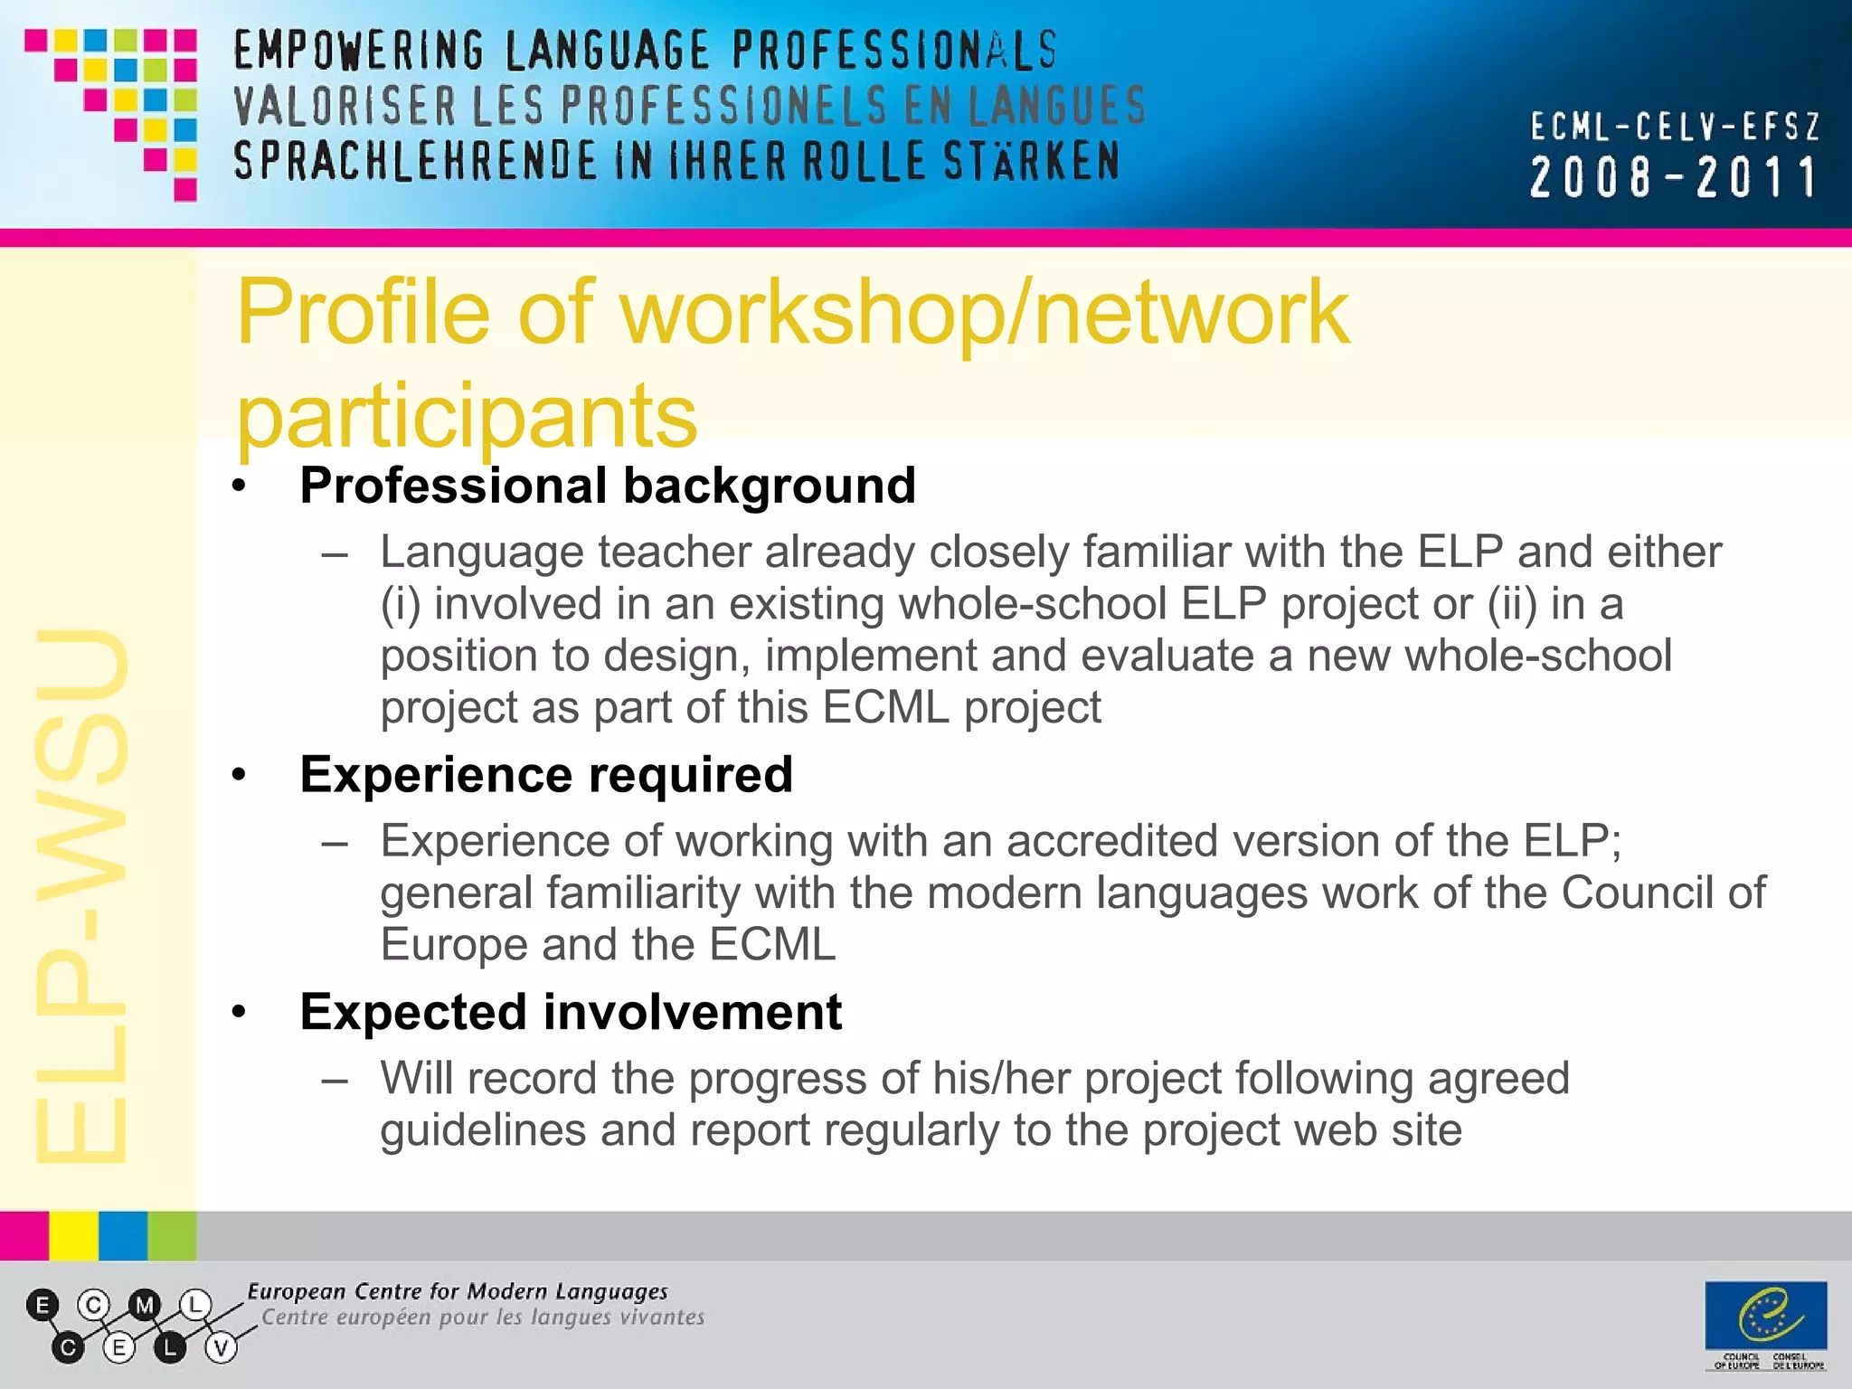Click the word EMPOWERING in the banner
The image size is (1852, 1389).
click(x=358, y=51)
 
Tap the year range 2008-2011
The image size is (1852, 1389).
click(x=1673, y=177)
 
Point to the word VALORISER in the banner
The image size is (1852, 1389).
click(x=345, y=107)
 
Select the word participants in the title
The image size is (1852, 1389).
click(x=467, y=416)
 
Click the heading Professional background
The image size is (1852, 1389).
click(x=608, y=486)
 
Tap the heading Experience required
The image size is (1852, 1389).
click(x=546, y=775)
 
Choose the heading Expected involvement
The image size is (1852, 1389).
click(x=571, y=1012)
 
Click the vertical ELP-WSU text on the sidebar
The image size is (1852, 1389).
click(x=81, y=895)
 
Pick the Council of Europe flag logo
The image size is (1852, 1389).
click(x=1765, y=1316)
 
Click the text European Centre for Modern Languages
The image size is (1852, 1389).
click(x=458, y=1291)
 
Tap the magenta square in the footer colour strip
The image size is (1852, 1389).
click(x=24, y=1236)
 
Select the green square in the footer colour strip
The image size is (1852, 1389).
click(x=172, y=1236)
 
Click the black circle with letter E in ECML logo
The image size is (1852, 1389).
click(x=42, y=1305)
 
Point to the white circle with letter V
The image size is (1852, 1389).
click(x=221, y=1348)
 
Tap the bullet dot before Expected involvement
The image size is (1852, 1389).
click(x=239, y=1012)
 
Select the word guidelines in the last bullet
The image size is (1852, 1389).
click(x=483, y=1130)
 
